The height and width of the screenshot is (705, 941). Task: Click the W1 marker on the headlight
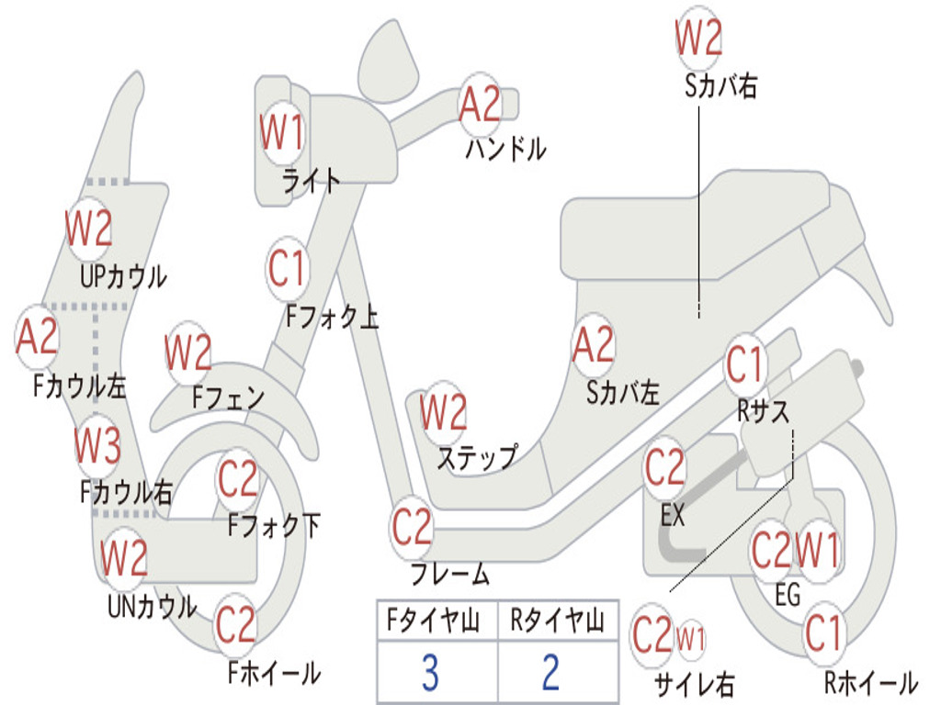pyautogui.click(x=281, y=135)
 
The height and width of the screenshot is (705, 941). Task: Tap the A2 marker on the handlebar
pyautogui.click(x=480, y=104)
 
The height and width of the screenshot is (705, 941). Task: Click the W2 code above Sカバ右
pyautogui.click(x=698, y=39)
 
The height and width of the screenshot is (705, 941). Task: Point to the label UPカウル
pyautogui.click(x=123, y=275)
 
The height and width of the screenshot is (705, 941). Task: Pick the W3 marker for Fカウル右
pyautogui.click(x=97, y=447)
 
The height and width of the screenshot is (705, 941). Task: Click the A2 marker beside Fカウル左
pyautogui.click(x=38, y=337)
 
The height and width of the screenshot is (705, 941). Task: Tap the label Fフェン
pyautogui.click(x=229, y=398)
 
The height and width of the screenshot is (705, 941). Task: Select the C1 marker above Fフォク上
pyautogui.click(x=287, y=268)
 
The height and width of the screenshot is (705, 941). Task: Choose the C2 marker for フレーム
pyautogui.click(x=412, y=527)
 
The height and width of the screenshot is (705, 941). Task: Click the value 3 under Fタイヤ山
pyautogui.click(x=429, y=673)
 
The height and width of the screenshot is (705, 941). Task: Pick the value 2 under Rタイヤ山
pyautogui.click(x=550, y=673)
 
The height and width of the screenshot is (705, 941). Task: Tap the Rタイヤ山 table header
pyautogui.click(x=557, y=622)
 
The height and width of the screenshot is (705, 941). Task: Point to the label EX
pyautogui.click(x=674, y=516)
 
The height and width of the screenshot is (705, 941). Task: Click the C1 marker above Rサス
pyautogui.click(x=745, y=364)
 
